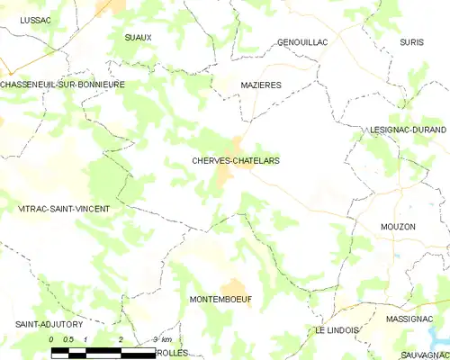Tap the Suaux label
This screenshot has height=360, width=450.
139,37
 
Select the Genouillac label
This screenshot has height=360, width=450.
302,42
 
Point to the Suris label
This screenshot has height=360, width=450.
410,42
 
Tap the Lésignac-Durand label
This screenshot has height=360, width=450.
408,130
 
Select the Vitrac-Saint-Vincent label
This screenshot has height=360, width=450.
64,209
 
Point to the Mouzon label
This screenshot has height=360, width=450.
398,227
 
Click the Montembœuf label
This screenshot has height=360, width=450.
221,298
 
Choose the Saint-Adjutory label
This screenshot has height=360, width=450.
49,323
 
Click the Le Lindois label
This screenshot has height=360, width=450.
337,330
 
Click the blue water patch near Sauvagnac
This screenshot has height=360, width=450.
441,337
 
